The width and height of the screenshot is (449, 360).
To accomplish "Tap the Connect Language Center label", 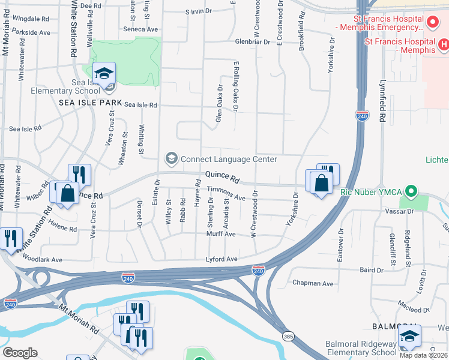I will (229, 159).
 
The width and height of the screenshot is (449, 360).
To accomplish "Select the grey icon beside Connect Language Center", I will (171, 158).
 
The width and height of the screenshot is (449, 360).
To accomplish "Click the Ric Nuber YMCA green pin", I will (411, 192).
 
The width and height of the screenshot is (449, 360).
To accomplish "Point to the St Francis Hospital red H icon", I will (444, 45).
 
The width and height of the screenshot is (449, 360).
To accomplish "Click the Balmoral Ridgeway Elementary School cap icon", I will (409, 336).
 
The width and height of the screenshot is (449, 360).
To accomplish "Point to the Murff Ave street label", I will (221, 234).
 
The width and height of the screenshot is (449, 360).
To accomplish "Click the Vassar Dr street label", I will (403, 212).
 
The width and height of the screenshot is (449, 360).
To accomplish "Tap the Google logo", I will (20, 353).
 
